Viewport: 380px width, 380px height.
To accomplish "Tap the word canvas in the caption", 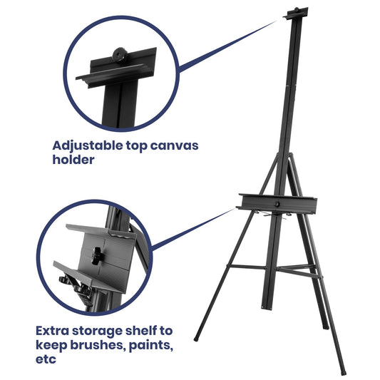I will [172, 145].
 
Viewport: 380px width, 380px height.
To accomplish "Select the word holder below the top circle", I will [73, 160].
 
